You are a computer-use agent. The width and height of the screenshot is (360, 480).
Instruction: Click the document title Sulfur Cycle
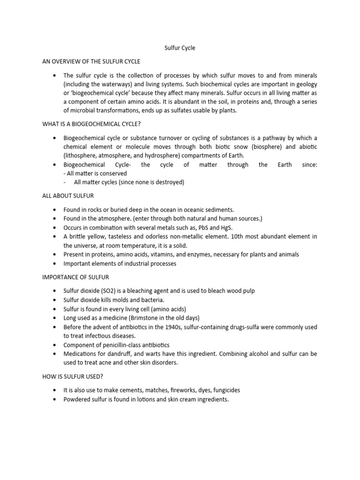[180, 48]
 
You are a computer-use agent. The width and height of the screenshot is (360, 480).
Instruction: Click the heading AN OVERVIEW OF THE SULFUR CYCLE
[91, 61]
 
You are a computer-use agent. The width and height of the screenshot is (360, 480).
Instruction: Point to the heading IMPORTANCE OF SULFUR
[75, 277]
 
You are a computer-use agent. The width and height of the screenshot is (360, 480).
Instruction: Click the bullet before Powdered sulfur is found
[55, 400]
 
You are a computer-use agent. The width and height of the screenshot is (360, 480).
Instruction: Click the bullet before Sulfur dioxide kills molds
[55, 300]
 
